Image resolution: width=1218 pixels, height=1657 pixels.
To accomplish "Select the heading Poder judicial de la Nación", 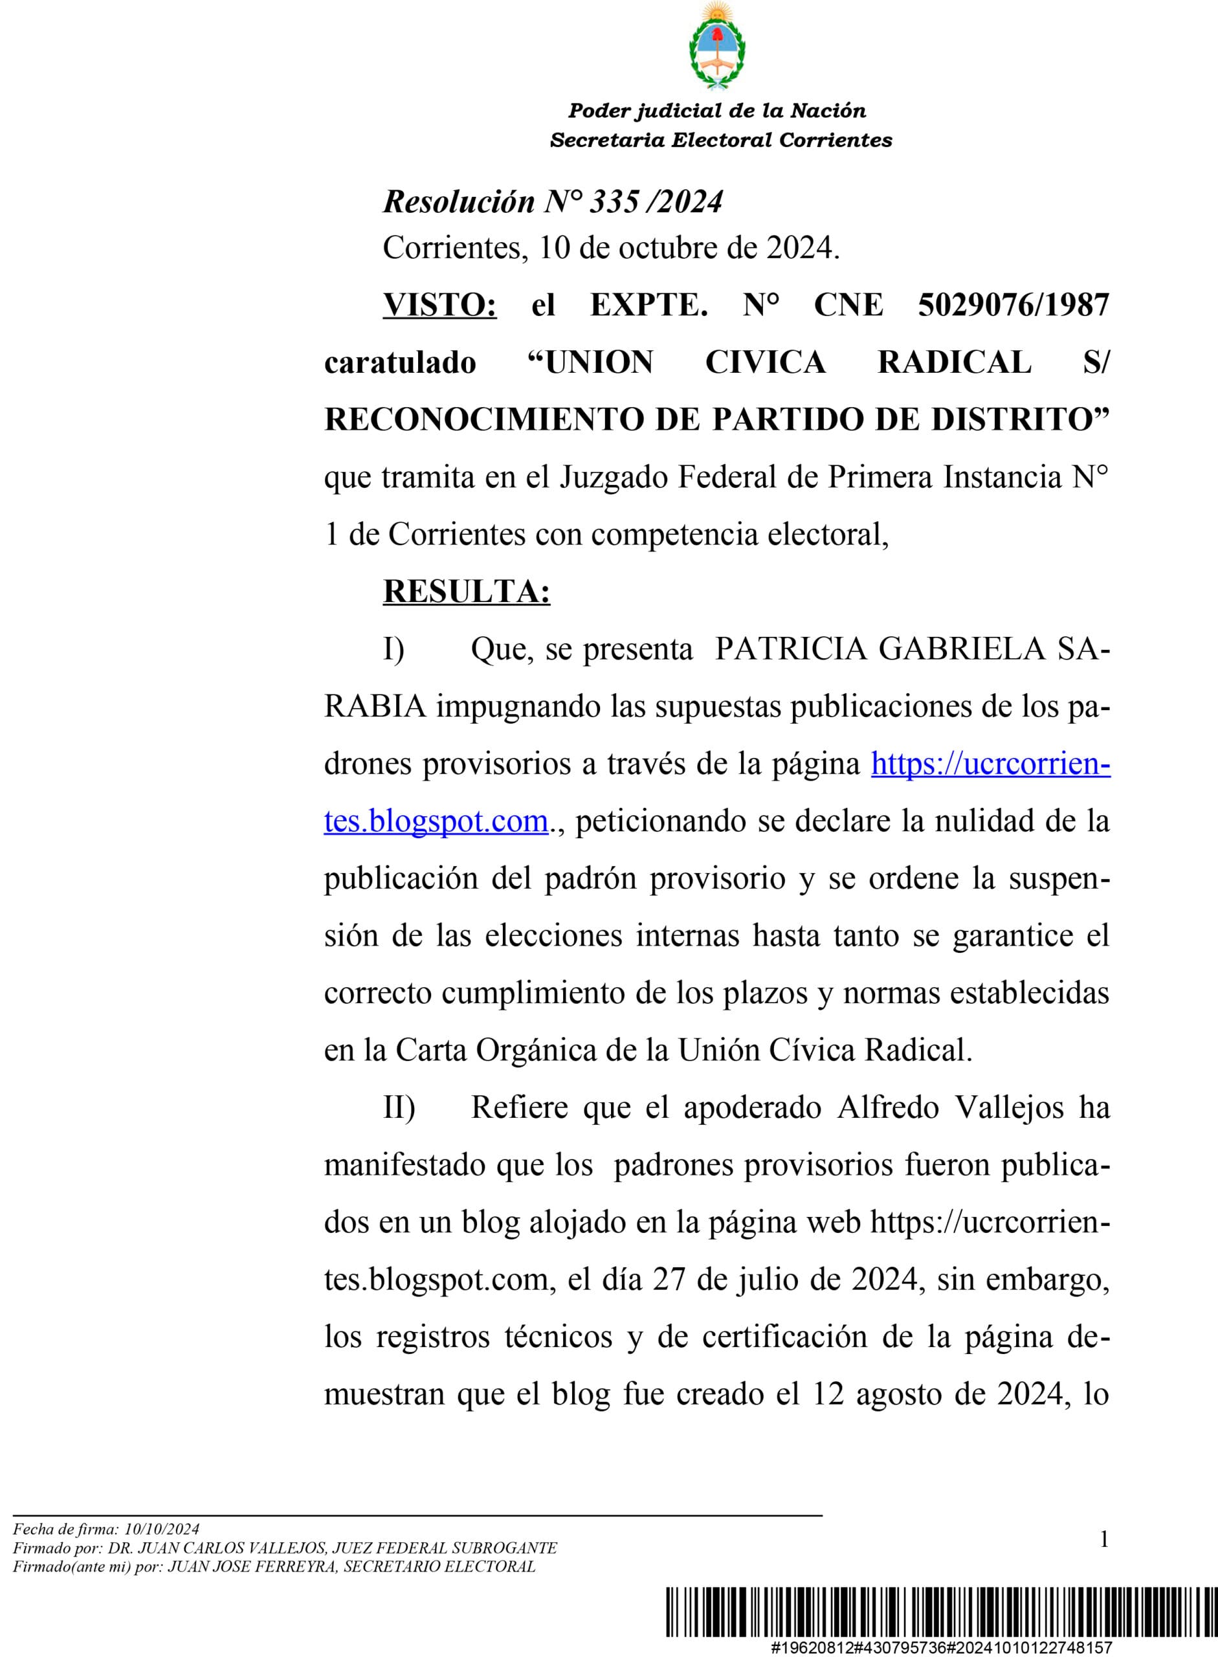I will (x=716, y=111).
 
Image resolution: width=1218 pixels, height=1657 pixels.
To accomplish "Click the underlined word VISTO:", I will (x=439, y=305).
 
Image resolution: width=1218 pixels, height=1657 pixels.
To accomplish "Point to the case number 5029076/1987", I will (x=1013, y=305).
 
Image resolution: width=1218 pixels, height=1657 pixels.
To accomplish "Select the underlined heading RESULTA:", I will (x=466, y=592).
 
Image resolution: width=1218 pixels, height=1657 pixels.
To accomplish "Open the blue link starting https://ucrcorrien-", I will (x=990, y=763).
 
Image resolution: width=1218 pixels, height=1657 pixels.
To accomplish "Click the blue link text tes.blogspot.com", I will (x=436, y=821).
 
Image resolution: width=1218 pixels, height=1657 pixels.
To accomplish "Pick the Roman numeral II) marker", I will (x=399, y=1107).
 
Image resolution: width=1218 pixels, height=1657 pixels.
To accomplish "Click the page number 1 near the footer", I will (x=1103, y=1540).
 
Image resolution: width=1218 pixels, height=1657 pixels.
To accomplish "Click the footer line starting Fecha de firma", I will (x=106, y=1529).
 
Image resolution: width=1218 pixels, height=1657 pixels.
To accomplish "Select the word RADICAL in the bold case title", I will (x=954, y=362).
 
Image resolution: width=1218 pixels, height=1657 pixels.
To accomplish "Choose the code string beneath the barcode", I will (x=942, y=1647).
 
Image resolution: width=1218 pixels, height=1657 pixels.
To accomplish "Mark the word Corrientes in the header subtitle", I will (x=836, y=140).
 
